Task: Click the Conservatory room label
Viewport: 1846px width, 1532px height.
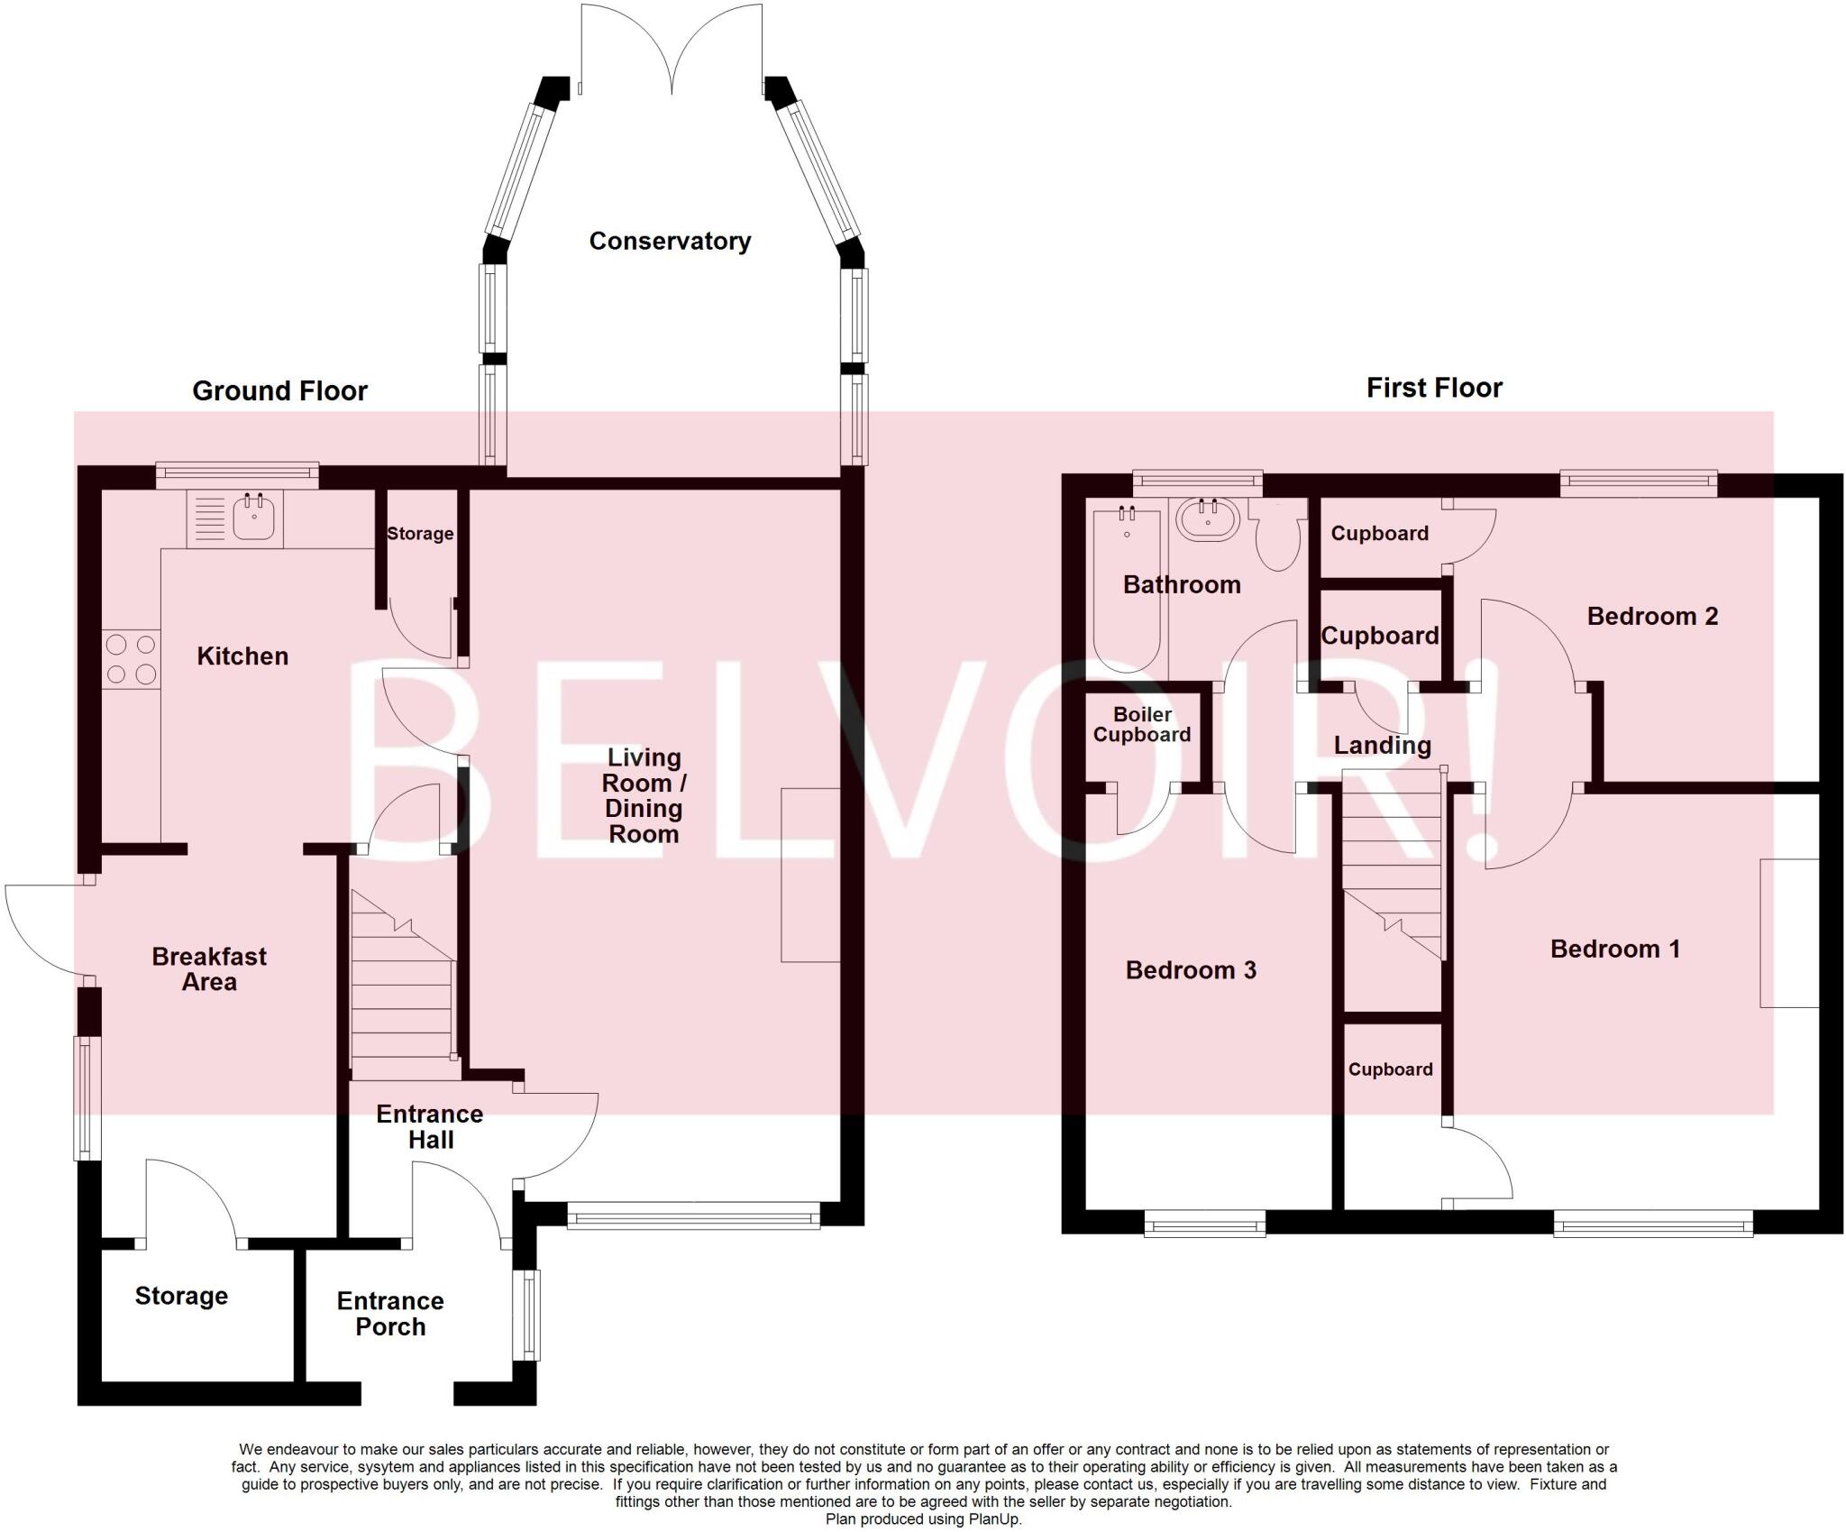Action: tap(670, 241)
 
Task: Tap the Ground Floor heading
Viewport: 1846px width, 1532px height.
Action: tap(279, 390)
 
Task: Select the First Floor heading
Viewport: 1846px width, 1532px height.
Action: tap(1434, 388)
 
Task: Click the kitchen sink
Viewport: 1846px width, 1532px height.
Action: tap(235, 518)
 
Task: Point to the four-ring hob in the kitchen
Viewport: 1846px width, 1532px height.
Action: tap(131, 659)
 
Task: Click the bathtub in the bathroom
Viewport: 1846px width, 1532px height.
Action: tap(1127, 591)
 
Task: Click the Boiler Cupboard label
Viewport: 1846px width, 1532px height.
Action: tap(1142, 724)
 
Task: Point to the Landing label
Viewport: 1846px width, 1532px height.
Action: tap(1382, 746)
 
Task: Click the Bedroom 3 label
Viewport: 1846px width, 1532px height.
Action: tap(1191, 970)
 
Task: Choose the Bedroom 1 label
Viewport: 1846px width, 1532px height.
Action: tap(1615, 949)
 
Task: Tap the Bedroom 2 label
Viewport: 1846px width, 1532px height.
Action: tap(1652, 616)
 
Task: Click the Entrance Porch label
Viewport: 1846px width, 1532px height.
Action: tap(390, 1314)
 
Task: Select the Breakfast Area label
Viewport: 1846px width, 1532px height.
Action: tap(209, 969)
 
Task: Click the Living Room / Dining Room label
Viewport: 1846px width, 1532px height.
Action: tap(644, 795)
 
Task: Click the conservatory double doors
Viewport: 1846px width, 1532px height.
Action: tap(672, 50)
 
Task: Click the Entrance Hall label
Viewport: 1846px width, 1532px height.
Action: tap(430, 1126)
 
